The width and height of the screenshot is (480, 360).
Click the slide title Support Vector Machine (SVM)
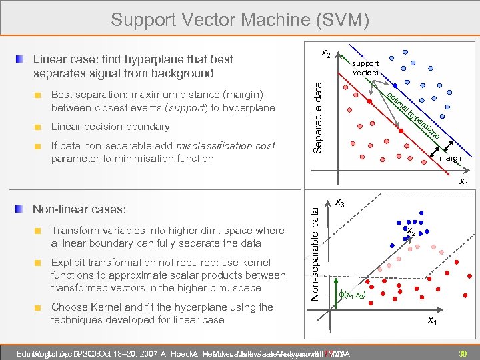(x=240, y=19)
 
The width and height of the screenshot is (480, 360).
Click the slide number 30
(x=460, y=353)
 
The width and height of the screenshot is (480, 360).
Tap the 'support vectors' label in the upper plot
(x=365, y=68)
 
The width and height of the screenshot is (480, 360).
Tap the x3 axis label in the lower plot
(x=340, y=203)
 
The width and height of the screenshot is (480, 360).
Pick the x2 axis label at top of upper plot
(x=325, y=53)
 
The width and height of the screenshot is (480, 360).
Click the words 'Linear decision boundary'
(x=110, y=127)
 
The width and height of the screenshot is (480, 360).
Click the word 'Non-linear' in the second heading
(x=57, y=209)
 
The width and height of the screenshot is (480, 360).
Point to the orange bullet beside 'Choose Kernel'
(x=39, y=308)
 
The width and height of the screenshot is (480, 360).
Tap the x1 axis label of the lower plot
(x=433, y=322)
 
